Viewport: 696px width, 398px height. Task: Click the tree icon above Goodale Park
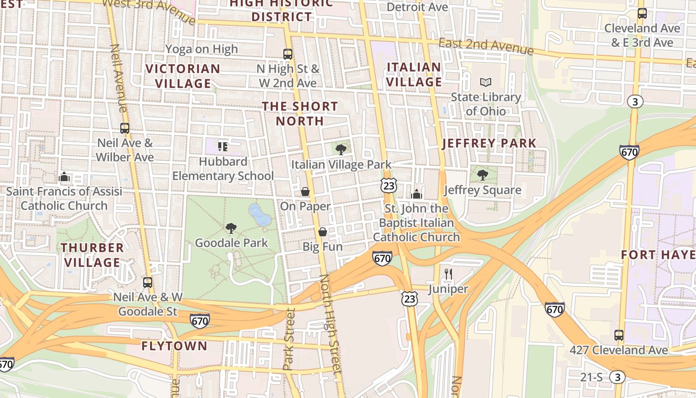click(231, 228)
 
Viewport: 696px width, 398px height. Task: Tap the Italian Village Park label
click(341, 165)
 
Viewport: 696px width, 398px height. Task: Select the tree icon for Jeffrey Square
click(482, 175)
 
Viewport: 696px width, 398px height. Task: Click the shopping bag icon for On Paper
click(305, 192)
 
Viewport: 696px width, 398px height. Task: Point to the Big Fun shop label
click(323, 246)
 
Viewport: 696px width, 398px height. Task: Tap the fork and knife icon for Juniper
click(448, 273)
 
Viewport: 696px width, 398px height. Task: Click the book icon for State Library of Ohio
click(485, 82)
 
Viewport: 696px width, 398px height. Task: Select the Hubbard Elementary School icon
click(223, 146)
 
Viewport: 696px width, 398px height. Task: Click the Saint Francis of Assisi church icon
click(64, 177)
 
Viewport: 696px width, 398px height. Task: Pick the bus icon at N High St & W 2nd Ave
click(287, 54)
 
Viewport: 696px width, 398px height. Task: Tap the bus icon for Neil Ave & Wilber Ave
click(124, 128)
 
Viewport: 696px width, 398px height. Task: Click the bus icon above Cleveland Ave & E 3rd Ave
click(642, 13)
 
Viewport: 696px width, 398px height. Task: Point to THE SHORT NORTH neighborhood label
click(300, 113)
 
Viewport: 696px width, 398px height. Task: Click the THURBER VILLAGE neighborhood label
click(92, 255)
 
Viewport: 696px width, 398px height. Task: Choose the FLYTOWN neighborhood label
click(174, 346)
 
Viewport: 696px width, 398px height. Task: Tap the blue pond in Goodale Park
click(260, 214)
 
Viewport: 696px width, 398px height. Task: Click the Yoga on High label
click(201, 49)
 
